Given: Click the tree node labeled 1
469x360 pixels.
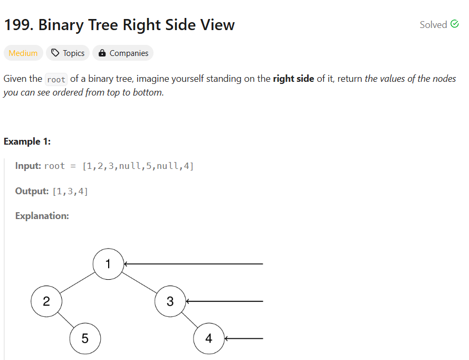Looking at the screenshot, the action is click(x=108, y=264).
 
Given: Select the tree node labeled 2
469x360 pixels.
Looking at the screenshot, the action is click(x=46, y=301).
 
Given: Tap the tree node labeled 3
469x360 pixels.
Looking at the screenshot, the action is click(x=170, y=301).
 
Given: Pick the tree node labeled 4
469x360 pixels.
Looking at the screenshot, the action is click(x=208, y=338).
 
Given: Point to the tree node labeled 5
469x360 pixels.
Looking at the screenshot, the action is click(x=85, y=338).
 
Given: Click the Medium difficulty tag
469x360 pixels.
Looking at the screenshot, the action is click(x=23, y=53).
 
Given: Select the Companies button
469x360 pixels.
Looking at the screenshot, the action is click(x=123, y=53).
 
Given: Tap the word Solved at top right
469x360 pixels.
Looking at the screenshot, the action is click(x=433, y=25).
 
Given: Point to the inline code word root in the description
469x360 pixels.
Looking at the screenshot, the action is click(x=56, y=80).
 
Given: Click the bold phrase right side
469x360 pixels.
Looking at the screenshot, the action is click(x=293, y=79).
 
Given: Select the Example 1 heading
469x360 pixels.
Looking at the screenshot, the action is click(x=27, y=141).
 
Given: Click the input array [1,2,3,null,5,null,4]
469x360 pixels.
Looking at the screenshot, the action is click(x=138, y=166).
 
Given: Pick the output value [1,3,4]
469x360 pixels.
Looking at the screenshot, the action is click(x=70, y=191).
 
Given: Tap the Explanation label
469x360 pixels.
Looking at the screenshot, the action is click(x=42, y=216).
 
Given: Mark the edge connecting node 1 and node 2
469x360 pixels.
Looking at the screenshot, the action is click(x=77, y=283).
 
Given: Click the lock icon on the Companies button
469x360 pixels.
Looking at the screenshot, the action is click(x=102, y=53).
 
